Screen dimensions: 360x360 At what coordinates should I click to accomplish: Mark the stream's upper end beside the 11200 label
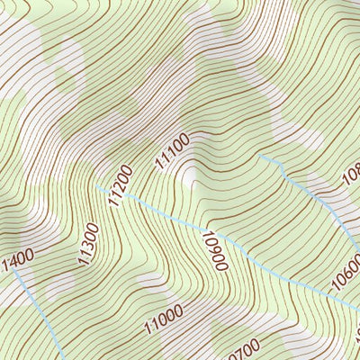pyautogui.click(x=97, y=186)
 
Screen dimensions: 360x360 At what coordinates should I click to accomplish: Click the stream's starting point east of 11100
pyautogui.click(x=261, y=157)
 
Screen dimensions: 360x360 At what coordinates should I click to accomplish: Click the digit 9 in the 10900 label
pyautogui.click(x=214, y=247)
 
